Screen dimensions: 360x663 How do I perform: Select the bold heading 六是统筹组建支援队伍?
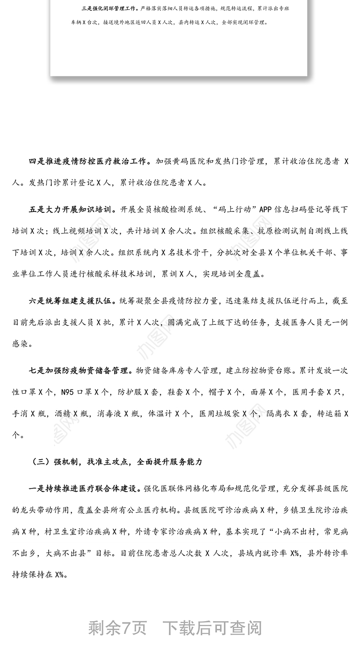(x=72, y=300)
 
